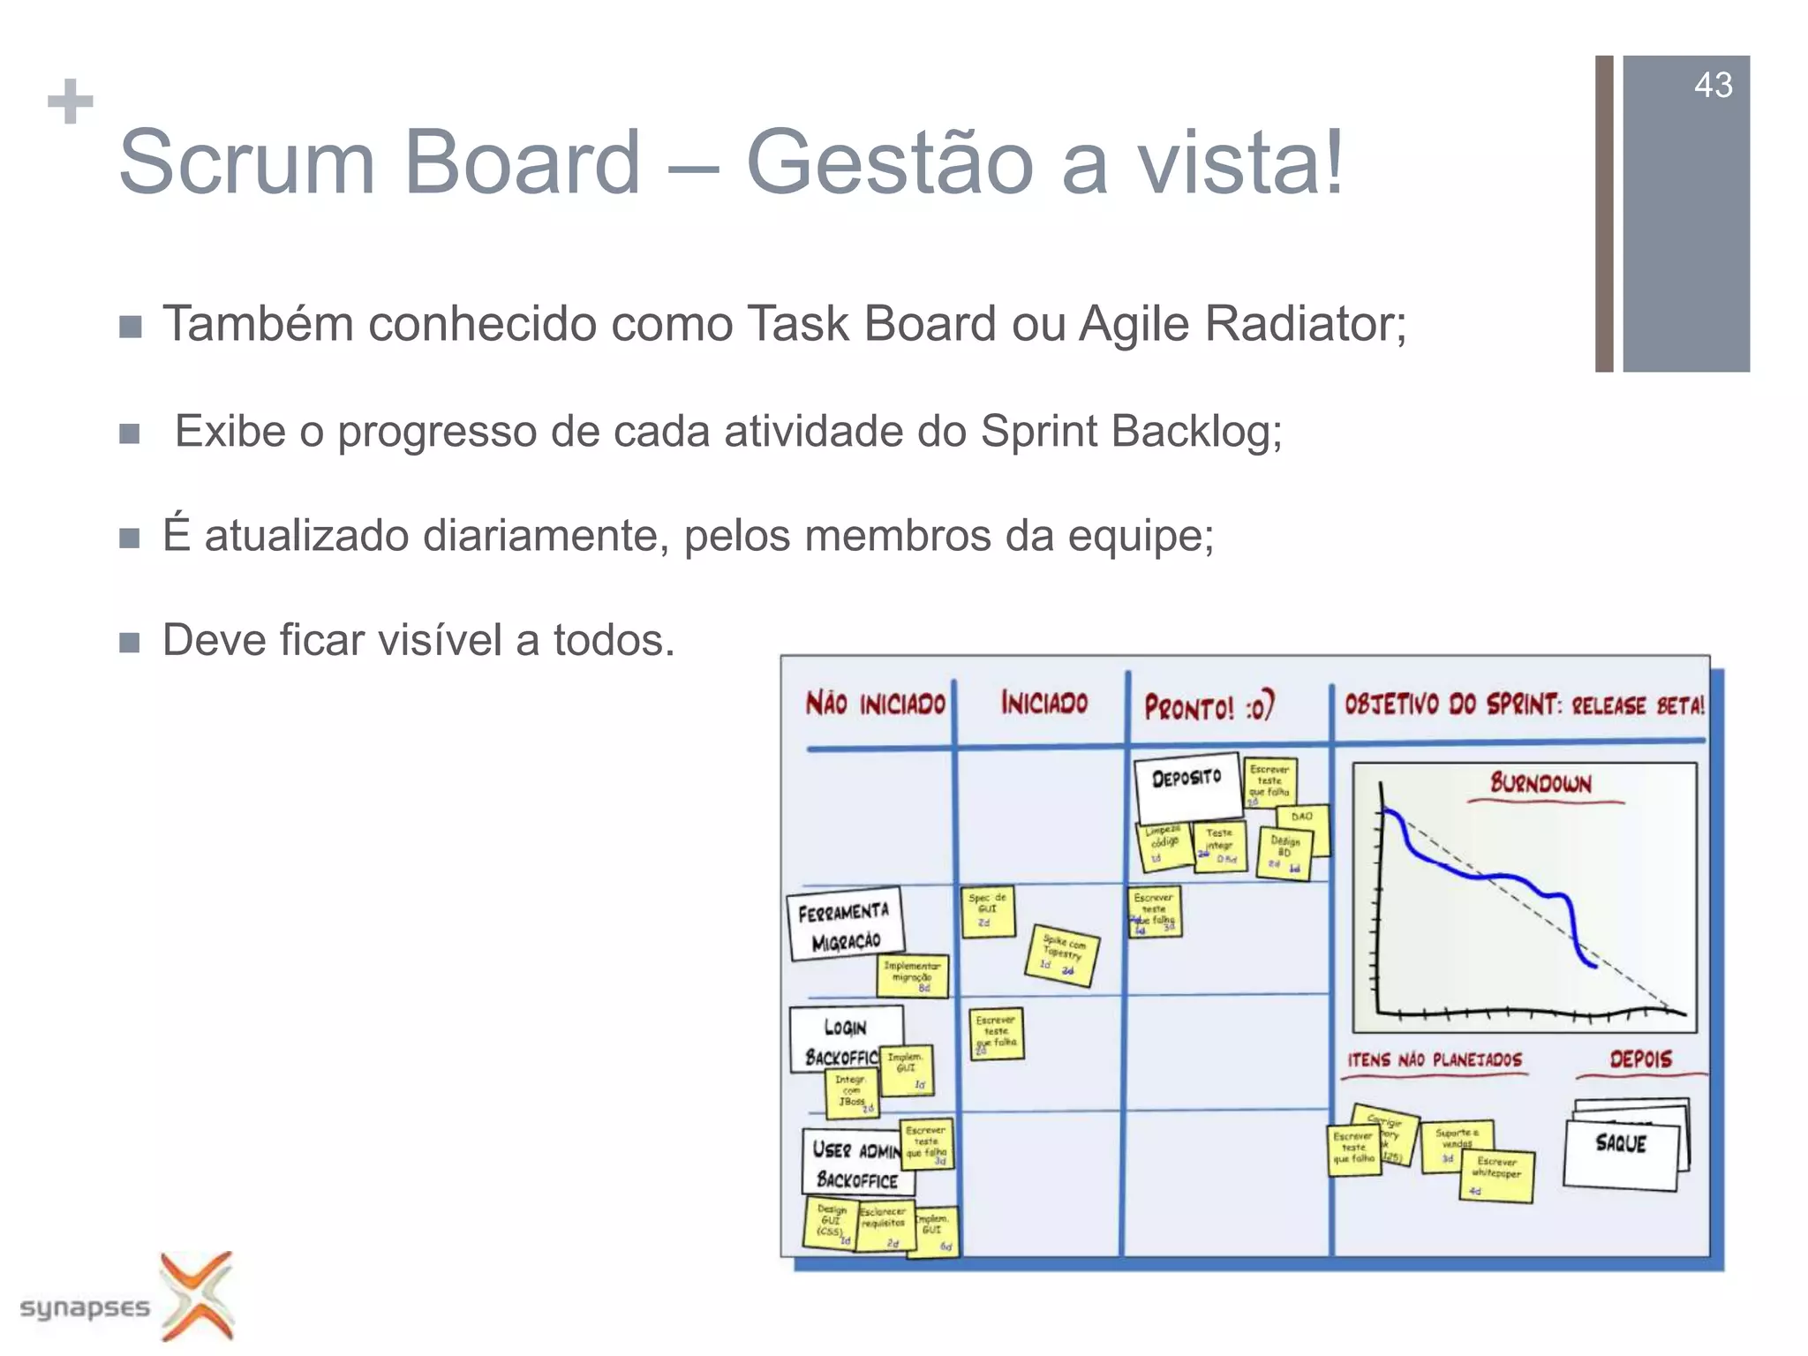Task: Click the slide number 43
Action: (1713, 86)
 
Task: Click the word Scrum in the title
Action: (246, 162)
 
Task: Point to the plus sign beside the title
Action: (71, 102)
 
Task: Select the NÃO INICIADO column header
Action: (875, 704)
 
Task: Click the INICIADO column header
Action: (1043, 704)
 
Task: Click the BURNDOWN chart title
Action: (1541, 783)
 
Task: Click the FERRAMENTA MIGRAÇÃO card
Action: (845, 923)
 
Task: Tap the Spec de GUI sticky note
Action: (987, 910)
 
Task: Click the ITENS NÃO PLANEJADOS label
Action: (1435, 1059)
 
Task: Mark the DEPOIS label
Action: (1640, 1058)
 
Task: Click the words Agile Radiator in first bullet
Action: (1241, 324)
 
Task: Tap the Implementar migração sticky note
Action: (913, 976)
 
